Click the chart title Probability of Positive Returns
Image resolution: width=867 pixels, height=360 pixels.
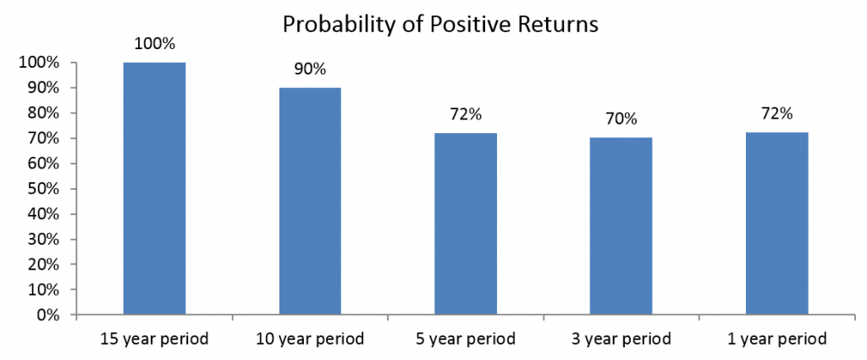[x=440, y=25]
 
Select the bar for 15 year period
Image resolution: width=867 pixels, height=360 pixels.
[x=154, y=189]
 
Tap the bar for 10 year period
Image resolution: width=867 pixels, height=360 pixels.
[x=310, y=202]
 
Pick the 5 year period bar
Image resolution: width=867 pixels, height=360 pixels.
[x=466, y=224]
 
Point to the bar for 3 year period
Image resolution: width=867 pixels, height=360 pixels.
[x=621, y=226]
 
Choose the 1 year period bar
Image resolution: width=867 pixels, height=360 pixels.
[x=777, y=224]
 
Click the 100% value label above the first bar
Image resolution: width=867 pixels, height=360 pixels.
[x=155, y=45]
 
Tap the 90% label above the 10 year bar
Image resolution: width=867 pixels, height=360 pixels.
[x=310, y=70]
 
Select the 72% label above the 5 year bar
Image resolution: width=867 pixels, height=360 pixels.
[x=466, y=115]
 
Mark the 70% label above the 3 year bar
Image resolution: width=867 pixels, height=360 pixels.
[x=621, y=120]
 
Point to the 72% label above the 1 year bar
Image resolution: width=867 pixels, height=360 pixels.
[x=777, y=115]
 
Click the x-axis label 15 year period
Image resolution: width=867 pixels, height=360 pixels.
[x=154, y=339]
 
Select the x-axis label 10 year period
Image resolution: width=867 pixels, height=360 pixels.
[x=310, y=339]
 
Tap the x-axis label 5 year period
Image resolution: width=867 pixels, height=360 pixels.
[x=466, y=339]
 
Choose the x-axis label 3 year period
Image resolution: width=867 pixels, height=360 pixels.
[x=621, y=339]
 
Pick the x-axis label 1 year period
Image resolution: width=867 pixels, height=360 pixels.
[x=777, y=339]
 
